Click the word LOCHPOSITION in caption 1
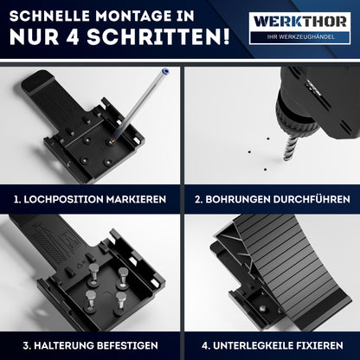tap(70, 198)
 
